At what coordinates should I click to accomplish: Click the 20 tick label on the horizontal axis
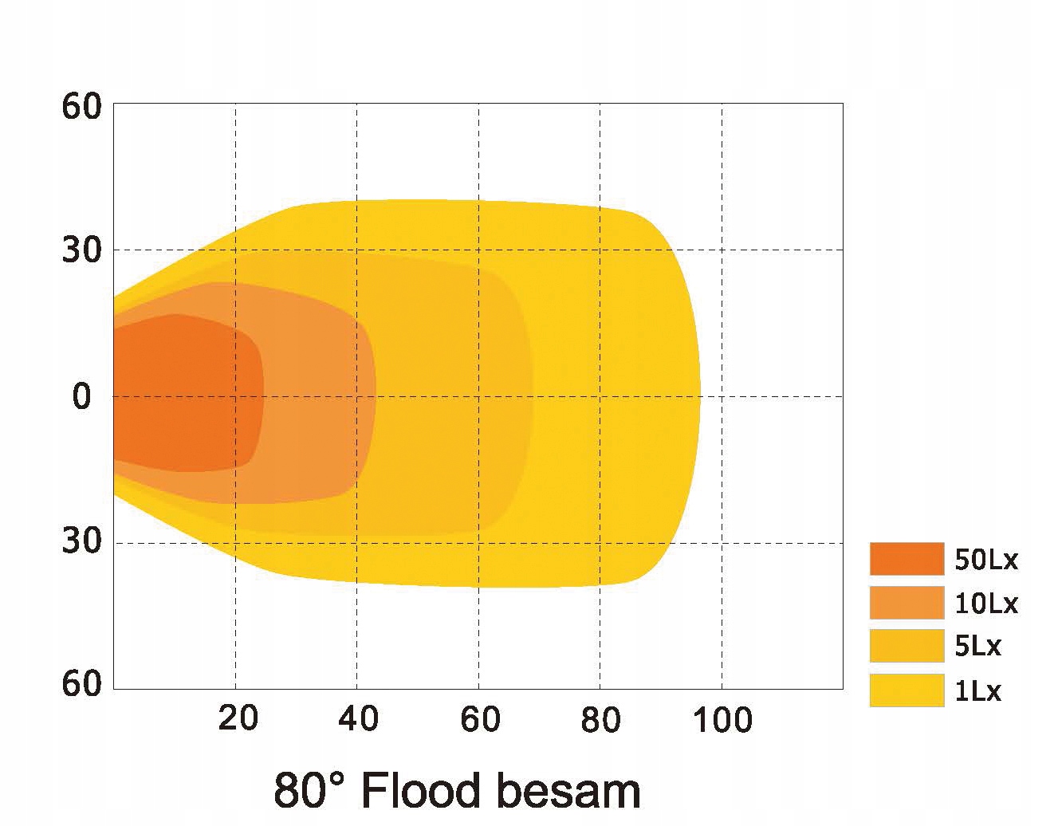238,718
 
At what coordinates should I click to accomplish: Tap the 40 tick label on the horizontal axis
358,718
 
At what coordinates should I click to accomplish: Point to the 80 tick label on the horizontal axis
600,719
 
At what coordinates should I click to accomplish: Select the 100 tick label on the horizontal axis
722,720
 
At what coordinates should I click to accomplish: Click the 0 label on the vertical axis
82,396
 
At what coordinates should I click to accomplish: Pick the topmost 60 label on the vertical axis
82,107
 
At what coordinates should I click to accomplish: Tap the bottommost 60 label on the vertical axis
82,683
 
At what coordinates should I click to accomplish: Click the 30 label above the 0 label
82,251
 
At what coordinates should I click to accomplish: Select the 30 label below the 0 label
82,541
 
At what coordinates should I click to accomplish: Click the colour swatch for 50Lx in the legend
907,558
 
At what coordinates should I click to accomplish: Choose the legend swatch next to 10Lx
907,603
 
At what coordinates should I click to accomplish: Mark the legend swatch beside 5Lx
907,646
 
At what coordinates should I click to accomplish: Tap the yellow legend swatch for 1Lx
907,690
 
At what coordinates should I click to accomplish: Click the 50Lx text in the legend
986,560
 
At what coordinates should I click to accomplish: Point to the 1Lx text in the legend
977,690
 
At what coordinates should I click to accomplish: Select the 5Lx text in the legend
977,646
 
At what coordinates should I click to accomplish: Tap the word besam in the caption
567,789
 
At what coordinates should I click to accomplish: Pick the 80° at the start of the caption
311,789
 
